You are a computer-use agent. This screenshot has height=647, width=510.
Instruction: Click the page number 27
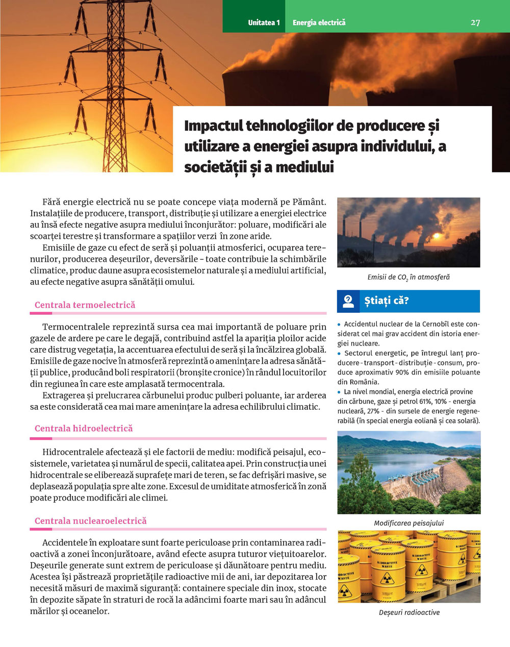click(475, 22)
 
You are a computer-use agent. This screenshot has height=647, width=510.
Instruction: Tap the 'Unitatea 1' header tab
click(264, 22)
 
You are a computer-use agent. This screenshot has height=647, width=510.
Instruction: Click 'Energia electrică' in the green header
click(319, 22)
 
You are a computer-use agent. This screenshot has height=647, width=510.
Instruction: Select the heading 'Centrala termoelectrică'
click(85, 305)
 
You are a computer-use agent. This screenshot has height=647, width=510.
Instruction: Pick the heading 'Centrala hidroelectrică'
click(84, 429)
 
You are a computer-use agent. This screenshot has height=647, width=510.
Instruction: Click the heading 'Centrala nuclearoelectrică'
click(90, 521)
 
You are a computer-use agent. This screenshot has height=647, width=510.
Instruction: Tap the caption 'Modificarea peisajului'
click(409, 523)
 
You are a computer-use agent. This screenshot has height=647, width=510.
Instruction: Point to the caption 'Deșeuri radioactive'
click(409, 612)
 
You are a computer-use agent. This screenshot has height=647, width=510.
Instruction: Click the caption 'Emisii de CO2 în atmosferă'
click(409, 278)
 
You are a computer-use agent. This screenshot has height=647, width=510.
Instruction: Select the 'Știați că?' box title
click(386, 301)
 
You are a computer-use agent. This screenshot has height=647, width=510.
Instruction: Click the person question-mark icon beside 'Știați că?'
click(348, 301)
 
